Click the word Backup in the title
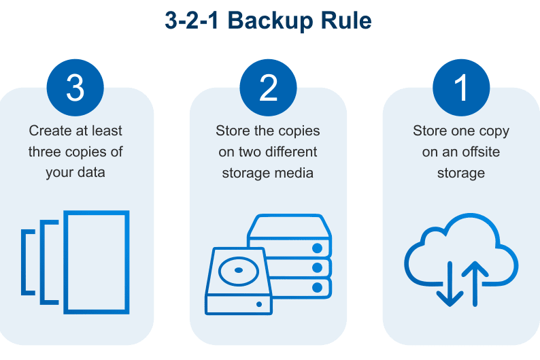(267, 20)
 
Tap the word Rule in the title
(344, 20)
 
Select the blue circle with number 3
(75, 86)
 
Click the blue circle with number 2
(269, 86)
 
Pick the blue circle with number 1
(462, 86)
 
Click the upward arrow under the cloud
(475, 282)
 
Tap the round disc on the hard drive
(237, 270)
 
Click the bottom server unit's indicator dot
(316, 287)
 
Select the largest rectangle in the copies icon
(96, 262)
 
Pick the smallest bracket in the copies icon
(27, 262)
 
